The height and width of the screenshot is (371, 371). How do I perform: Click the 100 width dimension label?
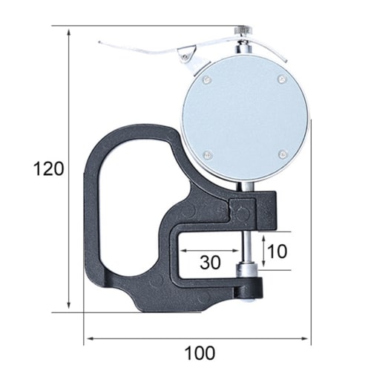click(196, 352)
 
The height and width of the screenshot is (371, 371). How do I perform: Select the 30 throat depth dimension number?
click(211, 262)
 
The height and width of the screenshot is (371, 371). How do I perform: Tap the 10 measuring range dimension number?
click(277, 250)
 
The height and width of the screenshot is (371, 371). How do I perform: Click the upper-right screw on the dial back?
click(280, 79)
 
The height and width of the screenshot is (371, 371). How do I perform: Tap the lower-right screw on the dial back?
click(282, 154)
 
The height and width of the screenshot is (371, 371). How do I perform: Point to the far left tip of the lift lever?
click(101, 43)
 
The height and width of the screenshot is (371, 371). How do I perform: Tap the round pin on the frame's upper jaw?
click(241, 214)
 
